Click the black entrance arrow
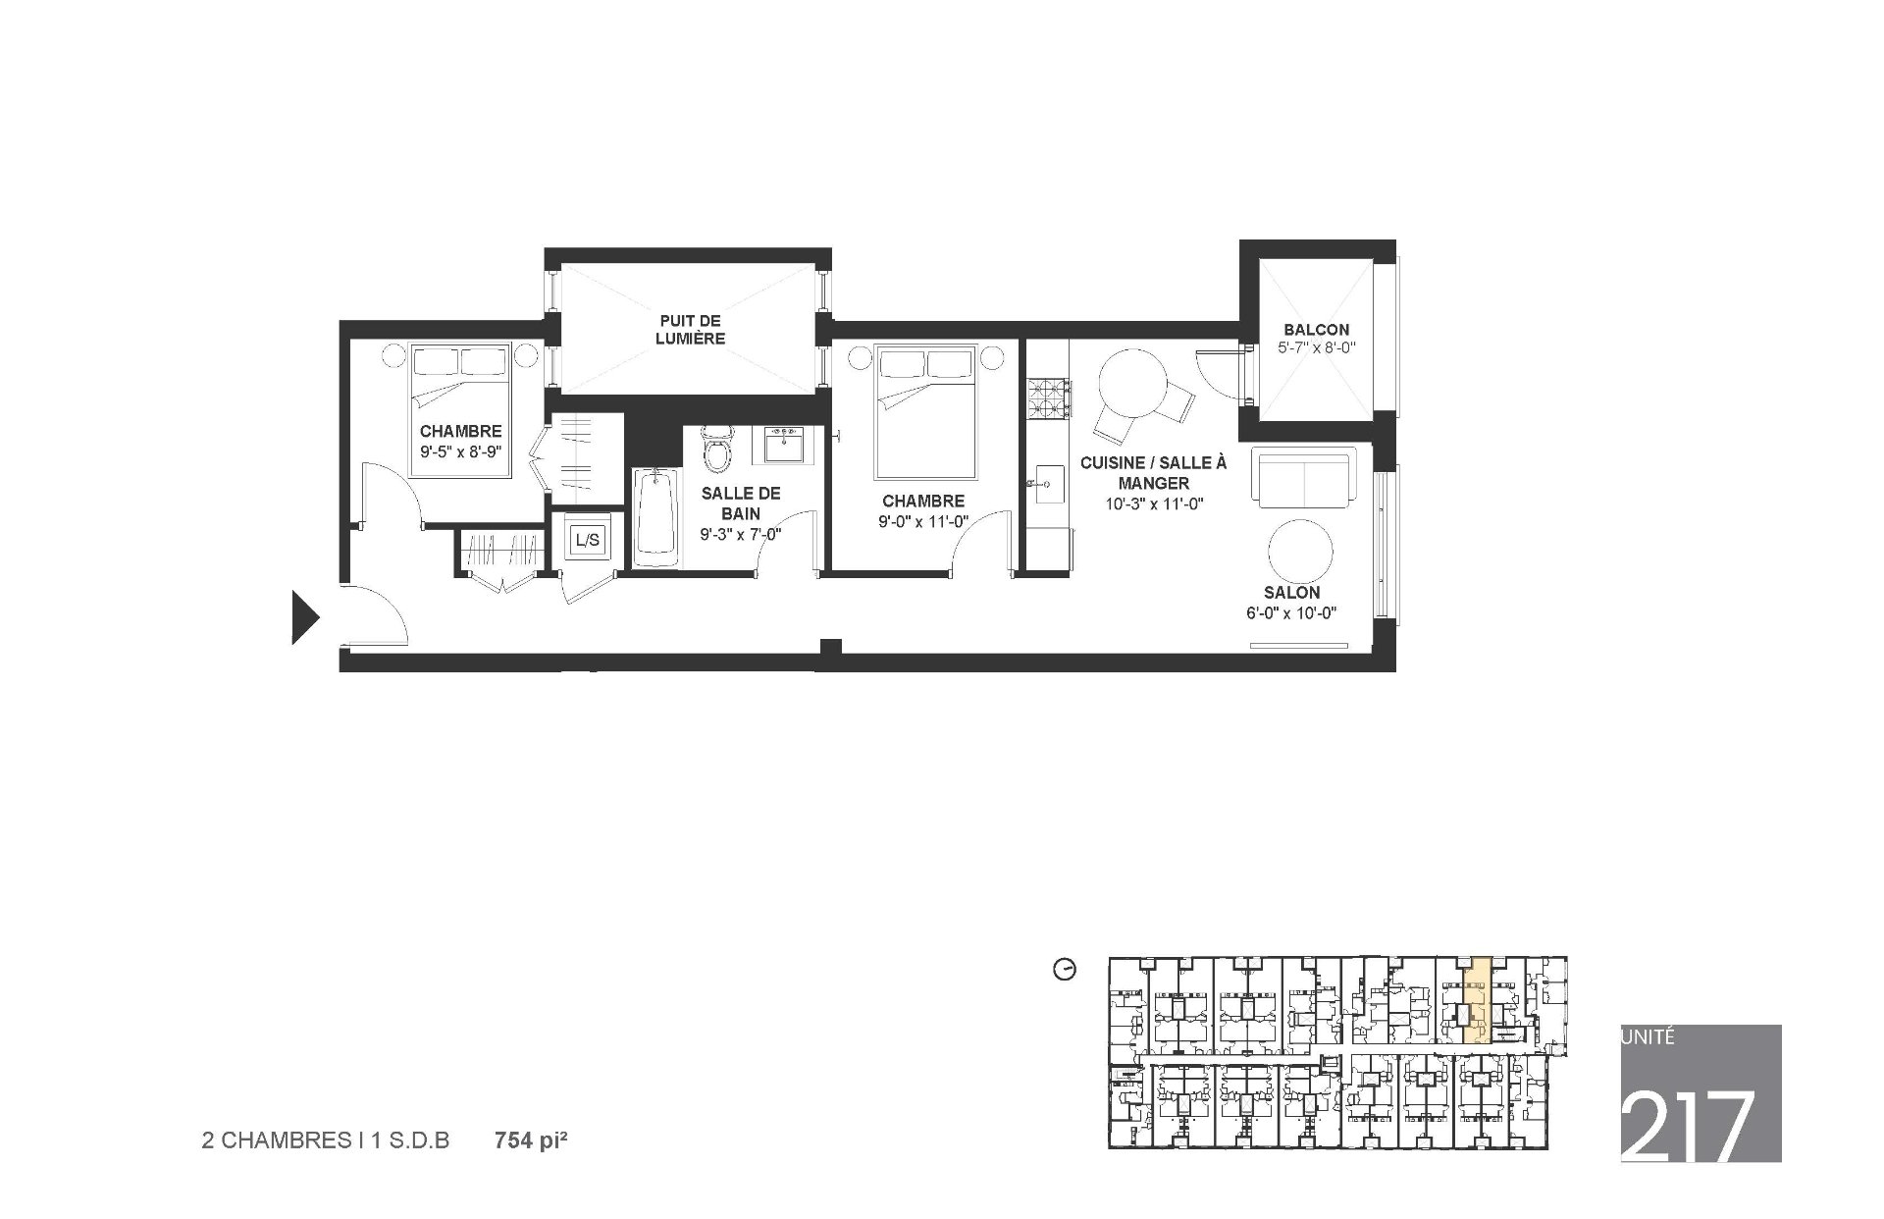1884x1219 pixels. (x=305, y=617)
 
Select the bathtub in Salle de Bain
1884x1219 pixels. (x=656, y=517)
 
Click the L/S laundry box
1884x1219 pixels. (x=587, y=539)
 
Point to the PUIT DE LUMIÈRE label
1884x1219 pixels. (x=691, y=330)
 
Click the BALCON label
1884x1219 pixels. (x=1316, y=330)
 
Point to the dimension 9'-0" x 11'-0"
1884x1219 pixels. (x=923, y=522)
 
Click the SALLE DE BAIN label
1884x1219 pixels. (x=741, y=503)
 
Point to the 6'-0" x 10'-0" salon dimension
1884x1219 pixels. (x=1291, y=613)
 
